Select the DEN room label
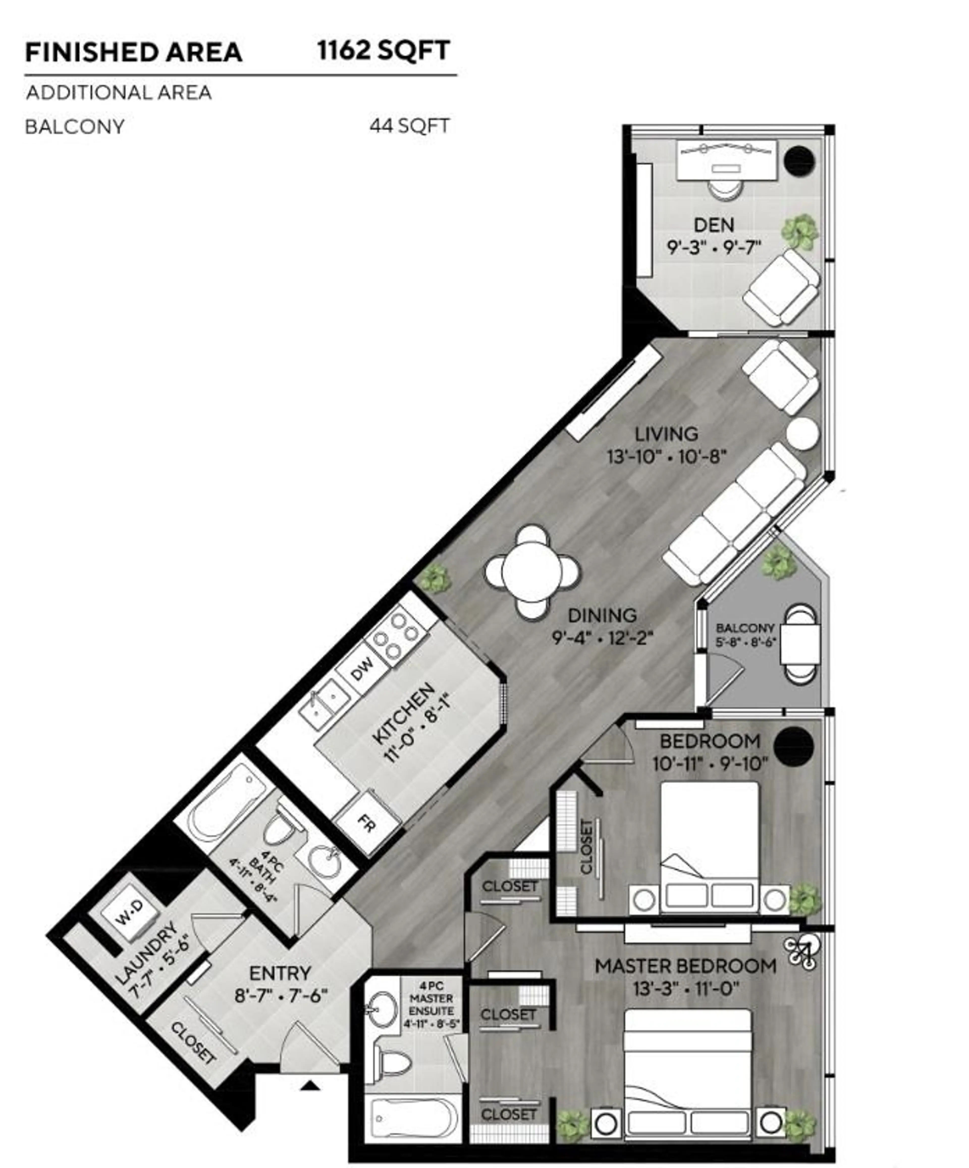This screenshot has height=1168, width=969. (x=714, y=225)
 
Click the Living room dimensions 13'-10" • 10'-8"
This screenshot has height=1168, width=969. (x=666, y=457)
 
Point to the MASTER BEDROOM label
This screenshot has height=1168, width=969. (x=685, y=966)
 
